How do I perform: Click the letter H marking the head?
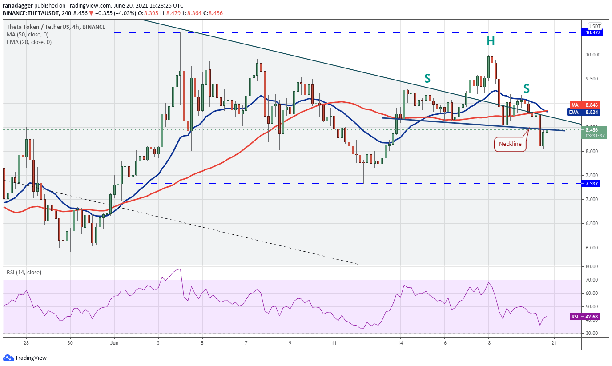tap(491, 41)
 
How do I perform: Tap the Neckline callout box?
tap(510, 144)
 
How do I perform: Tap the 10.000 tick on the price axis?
tap(593, 55)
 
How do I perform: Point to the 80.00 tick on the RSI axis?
tap(592, 267)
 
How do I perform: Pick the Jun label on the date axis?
tap(114, 343)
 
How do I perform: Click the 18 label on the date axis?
tap(488, 343)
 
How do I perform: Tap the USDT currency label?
tap(595, 26)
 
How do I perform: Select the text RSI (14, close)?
tap(24, 272)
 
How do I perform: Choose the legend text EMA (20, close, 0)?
tap(29, 42)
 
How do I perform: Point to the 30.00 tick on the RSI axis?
tap(592, 333)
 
